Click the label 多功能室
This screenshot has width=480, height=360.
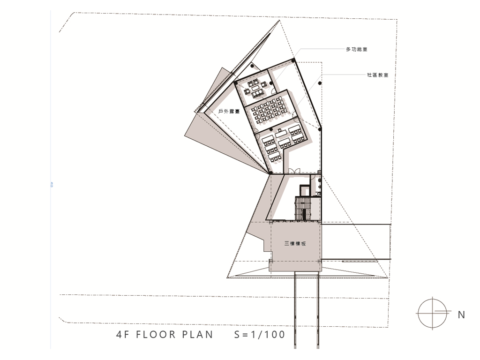pyautogui.click(x=357, y=49)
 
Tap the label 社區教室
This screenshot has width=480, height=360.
pyautogui.click(x=378, y=75)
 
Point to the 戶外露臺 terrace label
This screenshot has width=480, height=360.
pyautogui.click(x=229, y=112)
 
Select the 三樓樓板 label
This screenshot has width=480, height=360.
pyautogui.click(x=295, y=244)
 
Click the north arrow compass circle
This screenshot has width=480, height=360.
pyautogui.click(x=432, y=313)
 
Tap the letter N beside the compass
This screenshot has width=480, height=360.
pyautogui.click(x=461, y=315)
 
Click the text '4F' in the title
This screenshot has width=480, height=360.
pyautogui.click(x=123, y=334)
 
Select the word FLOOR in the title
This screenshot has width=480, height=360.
pyautogui.click(x=156, y=334)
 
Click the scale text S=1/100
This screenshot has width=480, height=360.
pyautogui.click(x=260, y=334)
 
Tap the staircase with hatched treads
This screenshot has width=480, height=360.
pyautogui.click(x=303, y=209)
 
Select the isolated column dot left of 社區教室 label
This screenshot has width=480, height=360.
pyautogui.click(x=320, y=83)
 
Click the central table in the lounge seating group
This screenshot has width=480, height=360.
pyautogui.click(x=255, y=88)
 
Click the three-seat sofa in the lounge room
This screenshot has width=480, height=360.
pyautogui.click(x=257, y=93)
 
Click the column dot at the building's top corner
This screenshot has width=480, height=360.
pyautogui.click(x=293, y=60)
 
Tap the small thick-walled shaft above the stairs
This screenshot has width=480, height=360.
pyautogui.click(x=304, y=190)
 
